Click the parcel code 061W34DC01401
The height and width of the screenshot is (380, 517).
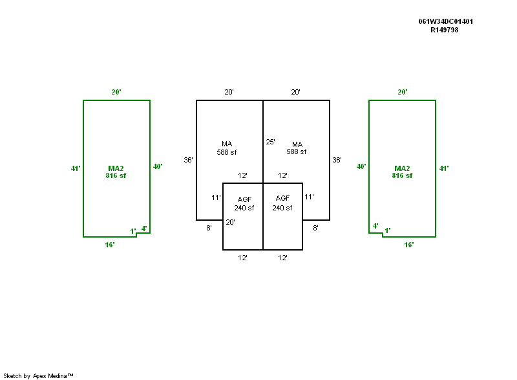[x=446, y=21]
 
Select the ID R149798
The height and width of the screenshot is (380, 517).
[x=445, y=30]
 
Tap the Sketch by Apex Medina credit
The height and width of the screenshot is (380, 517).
[x=39, y=375]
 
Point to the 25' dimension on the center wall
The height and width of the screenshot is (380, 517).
[x=270, y=142]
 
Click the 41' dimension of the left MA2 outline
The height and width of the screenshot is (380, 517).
[x=76, y=168]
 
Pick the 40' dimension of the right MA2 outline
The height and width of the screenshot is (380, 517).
[x=361, y=166]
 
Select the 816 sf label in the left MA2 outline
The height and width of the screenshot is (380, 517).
[x=116, y=175]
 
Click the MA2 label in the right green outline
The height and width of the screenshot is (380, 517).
[x=402, y=168]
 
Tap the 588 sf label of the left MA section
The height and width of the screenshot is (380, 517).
[x=227, y=152]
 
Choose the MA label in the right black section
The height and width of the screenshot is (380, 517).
[x=297, y=144]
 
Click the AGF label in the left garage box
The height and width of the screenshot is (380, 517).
[x=244, y=198]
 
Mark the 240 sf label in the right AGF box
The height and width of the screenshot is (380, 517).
[x=282, y=208]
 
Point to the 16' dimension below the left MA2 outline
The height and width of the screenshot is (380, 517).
[x=110, y=245]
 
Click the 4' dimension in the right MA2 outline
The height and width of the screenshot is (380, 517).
[x=375, y=226]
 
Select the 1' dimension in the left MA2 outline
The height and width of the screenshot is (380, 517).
[x=132, y=231]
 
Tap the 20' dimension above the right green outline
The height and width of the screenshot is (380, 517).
[x=402, y=92]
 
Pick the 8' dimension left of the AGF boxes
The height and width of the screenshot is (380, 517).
[x=209, y=228]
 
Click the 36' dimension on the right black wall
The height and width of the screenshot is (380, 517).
[x=337, y=159]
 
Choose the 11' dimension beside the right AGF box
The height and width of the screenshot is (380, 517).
[x=309, y=197]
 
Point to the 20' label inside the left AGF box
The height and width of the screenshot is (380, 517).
[x=229, y=222]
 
